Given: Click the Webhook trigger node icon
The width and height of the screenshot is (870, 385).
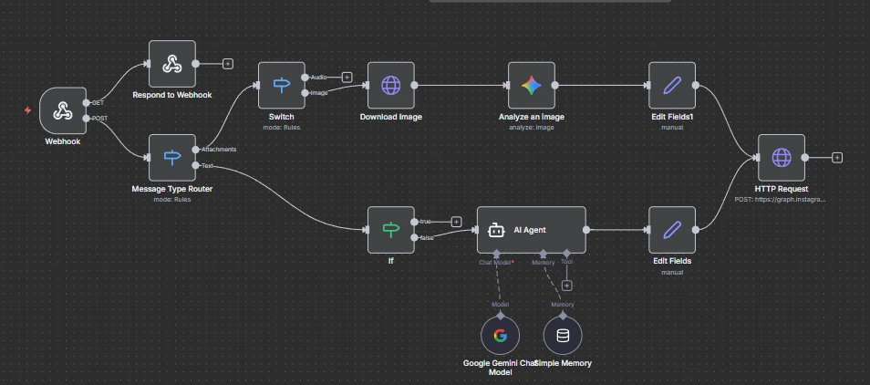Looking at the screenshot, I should (x=63, y=110).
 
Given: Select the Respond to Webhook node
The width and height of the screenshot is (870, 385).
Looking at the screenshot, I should (x=172, y=64).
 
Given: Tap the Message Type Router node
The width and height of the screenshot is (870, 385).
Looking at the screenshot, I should (x=172, y=157).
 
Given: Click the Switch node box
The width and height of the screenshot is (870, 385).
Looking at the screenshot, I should (x=281, y=85).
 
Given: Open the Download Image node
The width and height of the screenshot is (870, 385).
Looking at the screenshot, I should (x=391, y=85).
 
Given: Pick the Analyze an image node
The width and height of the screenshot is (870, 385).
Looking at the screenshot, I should (x=532, y=85).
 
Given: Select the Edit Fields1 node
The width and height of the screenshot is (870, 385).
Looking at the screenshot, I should (x=672, y=85).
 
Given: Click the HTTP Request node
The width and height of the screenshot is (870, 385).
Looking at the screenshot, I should (x=782, y=157).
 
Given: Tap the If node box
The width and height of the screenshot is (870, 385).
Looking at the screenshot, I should (x=391, y=229).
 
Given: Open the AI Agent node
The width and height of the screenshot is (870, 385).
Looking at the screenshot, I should (x=532, y=229).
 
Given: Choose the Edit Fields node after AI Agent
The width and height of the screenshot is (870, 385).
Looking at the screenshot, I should (x=672, y=229).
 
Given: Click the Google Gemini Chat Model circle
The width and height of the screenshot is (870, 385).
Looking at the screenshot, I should (x=500, y=335).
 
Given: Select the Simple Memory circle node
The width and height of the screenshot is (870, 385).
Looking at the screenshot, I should (x=563, y=335).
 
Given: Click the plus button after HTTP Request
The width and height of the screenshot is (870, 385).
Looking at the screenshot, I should (x=837, y=157).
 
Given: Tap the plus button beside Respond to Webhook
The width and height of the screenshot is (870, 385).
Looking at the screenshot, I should (x=228, y=64).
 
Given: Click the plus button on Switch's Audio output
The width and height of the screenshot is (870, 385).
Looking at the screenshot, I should (x=347, y=78).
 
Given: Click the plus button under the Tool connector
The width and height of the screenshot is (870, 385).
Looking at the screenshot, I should (x=566, y=286).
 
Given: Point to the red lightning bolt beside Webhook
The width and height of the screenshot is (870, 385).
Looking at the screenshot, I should (x=27, y=110).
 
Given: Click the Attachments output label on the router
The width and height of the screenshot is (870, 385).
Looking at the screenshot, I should (x=219, y=150).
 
